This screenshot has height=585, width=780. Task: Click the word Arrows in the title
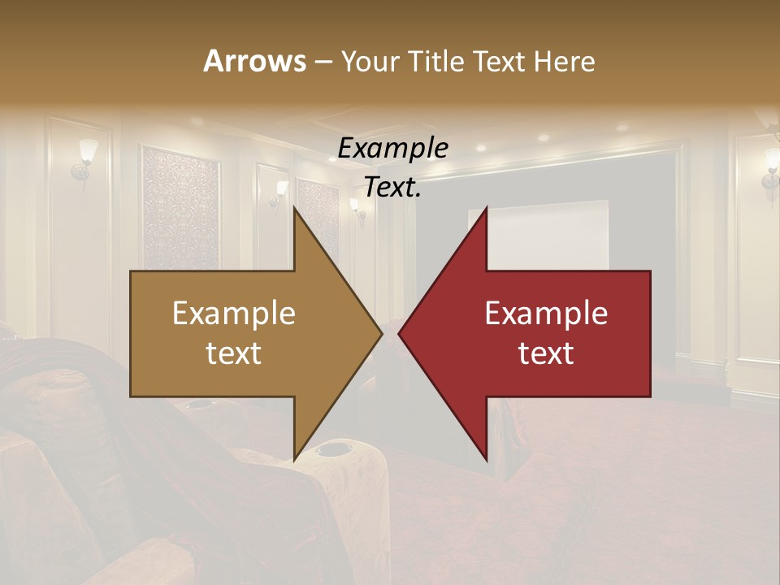(x=254, y=61)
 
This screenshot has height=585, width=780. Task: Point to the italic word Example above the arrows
(x=392, y=149)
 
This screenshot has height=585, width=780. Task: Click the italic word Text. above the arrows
(x=392, y=187)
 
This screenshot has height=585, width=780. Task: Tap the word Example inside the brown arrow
(x=233, y=314)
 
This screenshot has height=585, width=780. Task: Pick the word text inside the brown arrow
(x=233, y=353)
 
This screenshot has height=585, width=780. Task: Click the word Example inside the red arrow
(x=546, y=314)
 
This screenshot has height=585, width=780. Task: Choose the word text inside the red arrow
(x=546, y=353)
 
